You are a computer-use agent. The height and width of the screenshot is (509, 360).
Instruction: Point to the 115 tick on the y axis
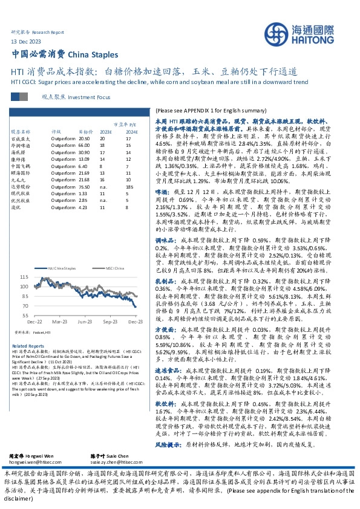coord(41,277)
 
